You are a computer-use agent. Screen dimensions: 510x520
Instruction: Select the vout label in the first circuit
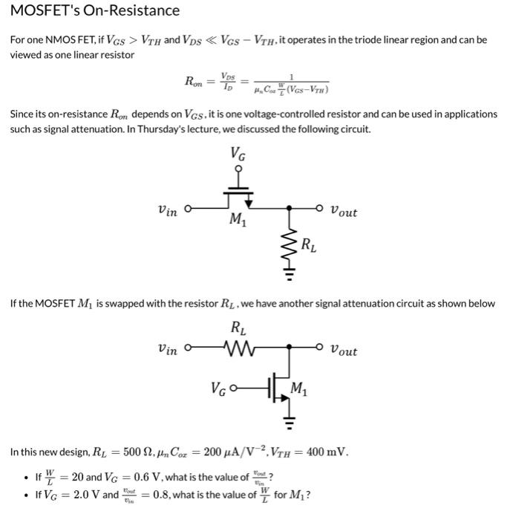coord(343,212)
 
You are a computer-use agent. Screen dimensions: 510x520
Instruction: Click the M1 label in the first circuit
coord(237,220)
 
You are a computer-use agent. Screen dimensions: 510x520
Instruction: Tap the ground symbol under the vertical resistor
coord(290,274)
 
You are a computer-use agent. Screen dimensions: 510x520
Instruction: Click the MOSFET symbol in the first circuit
coord(238,198)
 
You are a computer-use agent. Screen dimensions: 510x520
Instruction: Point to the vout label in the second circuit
coord(343,351)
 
